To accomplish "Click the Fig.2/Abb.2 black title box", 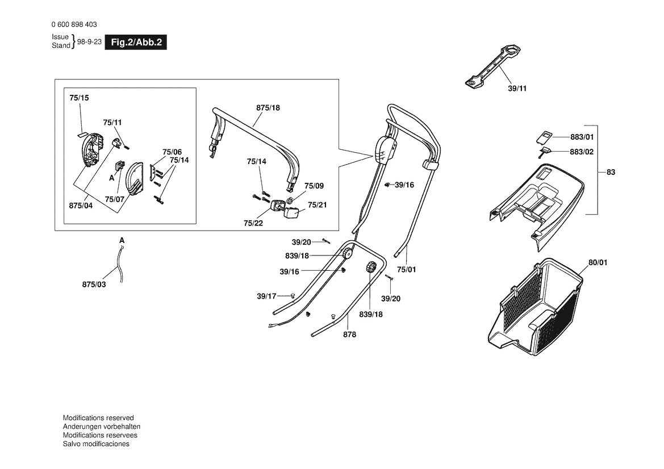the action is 136,43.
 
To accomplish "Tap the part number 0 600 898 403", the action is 74,24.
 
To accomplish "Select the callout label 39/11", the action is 517,89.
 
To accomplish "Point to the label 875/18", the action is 268,108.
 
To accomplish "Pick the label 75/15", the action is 79,98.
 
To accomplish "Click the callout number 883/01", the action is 582,137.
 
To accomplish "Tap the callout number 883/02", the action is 582,152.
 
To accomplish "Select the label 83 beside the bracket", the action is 611,172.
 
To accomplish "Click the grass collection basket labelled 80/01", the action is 536,307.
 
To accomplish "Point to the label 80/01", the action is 598,262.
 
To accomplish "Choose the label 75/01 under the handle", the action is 407,270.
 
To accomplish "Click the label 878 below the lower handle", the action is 349,334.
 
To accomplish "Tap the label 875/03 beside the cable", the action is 94,284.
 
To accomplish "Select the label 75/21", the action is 317,206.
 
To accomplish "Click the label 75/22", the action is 253,224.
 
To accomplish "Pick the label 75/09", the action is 314,186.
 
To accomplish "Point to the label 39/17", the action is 266,296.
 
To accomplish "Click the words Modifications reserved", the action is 98,418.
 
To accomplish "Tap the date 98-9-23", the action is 89,42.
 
